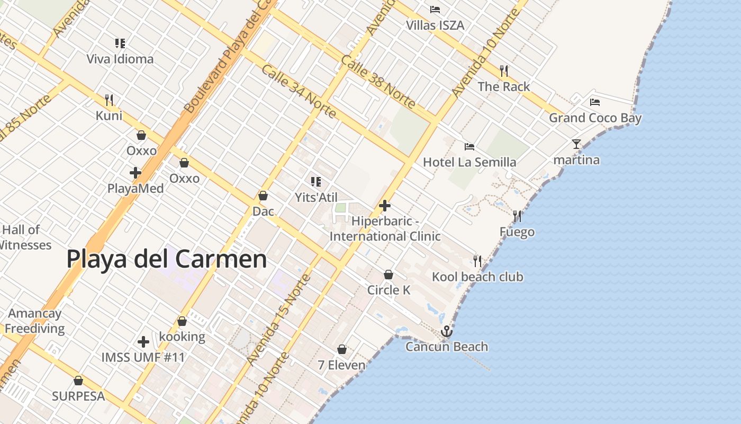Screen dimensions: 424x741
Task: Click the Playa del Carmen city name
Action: pyautogui.click(x=167, y=259)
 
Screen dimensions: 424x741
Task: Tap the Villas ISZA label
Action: pyautogui.click(x=435, y=25)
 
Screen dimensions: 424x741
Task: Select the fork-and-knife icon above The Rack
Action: pyautogui.click(x=504, y=70)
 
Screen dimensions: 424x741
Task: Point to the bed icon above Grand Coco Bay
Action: pyautogui.click(x=595, y=102)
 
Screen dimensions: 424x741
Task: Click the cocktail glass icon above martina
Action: pyautogui.click(x=576, y=144)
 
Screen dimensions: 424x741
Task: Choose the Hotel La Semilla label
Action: pyautogui.click(x=469, y=162)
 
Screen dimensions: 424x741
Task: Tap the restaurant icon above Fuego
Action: pyautogui.click(x=517, y=216)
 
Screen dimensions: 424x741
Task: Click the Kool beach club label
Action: pyautogui.click(x=477, y=277)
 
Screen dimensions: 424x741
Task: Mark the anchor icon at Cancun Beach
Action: pyautogui.click(x=447, y=331)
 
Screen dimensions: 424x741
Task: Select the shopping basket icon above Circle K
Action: pyautogui.click(x=388, y=275)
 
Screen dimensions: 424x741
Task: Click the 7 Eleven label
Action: pyautogui.click(x=341, y=365)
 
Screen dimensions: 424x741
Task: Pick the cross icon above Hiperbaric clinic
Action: pyautogui.click(x=385, y=206)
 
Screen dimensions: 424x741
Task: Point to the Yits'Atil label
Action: pyautogui.click(x=316, y=197)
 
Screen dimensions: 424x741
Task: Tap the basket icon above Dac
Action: pyautogui.click(x=263, y=196)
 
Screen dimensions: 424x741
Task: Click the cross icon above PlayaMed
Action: pyautogui.click(x=135, y=172)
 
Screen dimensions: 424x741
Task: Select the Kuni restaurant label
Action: pyautogui.click(x=109, y=116)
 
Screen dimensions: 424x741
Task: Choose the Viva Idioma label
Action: pyautogui.click(x=120, y=59)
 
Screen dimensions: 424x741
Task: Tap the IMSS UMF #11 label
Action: pyautogui.click(x=143, y=357)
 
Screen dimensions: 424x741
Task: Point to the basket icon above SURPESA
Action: pyautogui.click(x=78, y=381)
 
